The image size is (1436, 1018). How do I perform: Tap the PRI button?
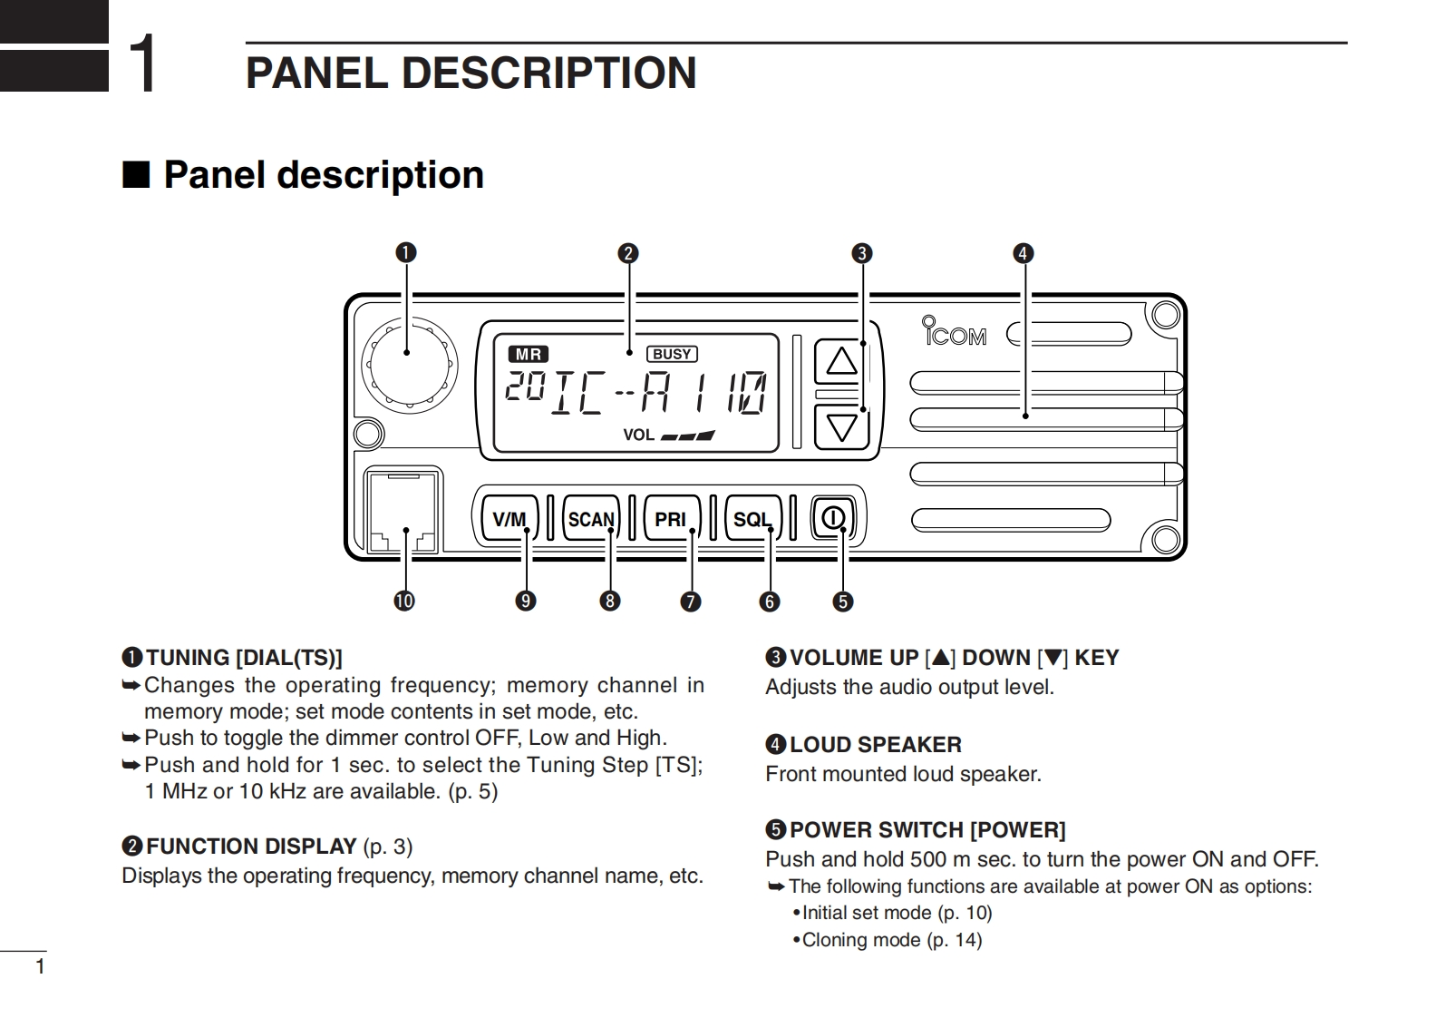pos(671,518)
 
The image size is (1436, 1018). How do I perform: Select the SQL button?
pos(752,518)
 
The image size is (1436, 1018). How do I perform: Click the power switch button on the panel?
pos(832,517)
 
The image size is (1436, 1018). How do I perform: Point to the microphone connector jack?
pos(403,511)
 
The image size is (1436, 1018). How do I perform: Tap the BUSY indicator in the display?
pos(672,354)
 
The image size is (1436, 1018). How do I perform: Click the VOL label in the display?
pos(638,435)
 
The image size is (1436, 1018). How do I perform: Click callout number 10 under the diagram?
pos(404,601)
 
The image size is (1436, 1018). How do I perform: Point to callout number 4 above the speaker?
pos(1023,253)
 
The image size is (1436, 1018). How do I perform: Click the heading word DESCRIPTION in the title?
pos(548,73)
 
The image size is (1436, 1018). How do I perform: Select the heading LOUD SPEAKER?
pos(875,745)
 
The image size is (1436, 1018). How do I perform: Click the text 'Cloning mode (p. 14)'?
pos(891,940)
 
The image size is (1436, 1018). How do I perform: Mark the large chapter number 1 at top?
pos(142,64)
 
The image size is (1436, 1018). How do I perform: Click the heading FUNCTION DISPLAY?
pos(251,847)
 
